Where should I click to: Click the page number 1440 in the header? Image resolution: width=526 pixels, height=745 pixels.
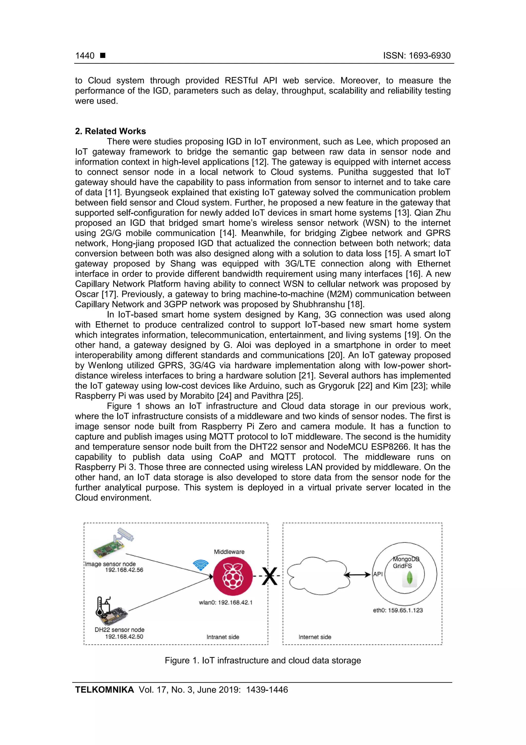coord(84,56)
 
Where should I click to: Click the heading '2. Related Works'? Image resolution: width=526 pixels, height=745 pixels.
coord(110,131)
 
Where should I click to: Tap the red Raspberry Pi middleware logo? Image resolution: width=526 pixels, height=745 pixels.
coord(232,576)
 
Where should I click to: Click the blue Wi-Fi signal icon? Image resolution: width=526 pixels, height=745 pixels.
coord(201,565)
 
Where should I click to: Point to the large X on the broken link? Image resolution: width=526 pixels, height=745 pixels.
coord(270,576)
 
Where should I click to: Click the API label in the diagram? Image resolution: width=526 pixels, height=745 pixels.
coord(378,574)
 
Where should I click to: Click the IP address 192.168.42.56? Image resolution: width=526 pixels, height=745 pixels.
coord(124,570)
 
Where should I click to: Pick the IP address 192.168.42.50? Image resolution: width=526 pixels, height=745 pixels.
coord(124,637)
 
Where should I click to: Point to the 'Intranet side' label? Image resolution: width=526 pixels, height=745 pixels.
coord(223,637)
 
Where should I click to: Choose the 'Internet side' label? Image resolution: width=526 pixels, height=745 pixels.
coord(315,637)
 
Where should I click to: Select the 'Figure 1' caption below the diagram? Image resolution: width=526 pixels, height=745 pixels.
coord(262,661)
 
